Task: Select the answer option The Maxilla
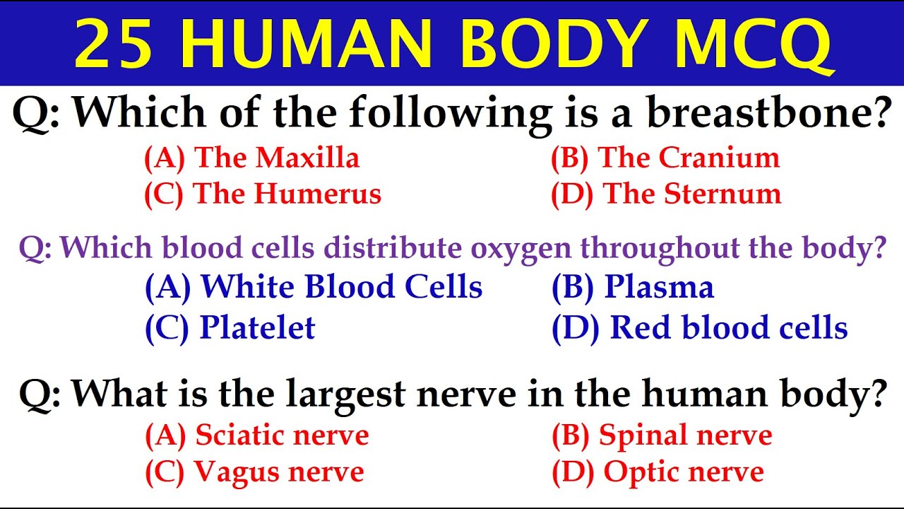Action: [x=252, y=158]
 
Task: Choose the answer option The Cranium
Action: [x=665, y=158]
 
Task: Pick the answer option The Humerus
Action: [x=263, y=194]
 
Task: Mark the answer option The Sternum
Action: [x=666, y=194]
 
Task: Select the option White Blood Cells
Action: [x=314, y=287]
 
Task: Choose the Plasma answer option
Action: [x=633, y=287]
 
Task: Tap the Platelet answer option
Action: [x=230, y=327]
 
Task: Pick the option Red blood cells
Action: [x=700, y=327]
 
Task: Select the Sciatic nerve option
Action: [x=257, y=435]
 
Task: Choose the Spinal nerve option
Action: [x=662, y=435]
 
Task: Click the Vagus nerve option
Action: [x=254, y=472]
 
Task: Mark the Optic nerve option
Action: [x=658, y=472]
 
